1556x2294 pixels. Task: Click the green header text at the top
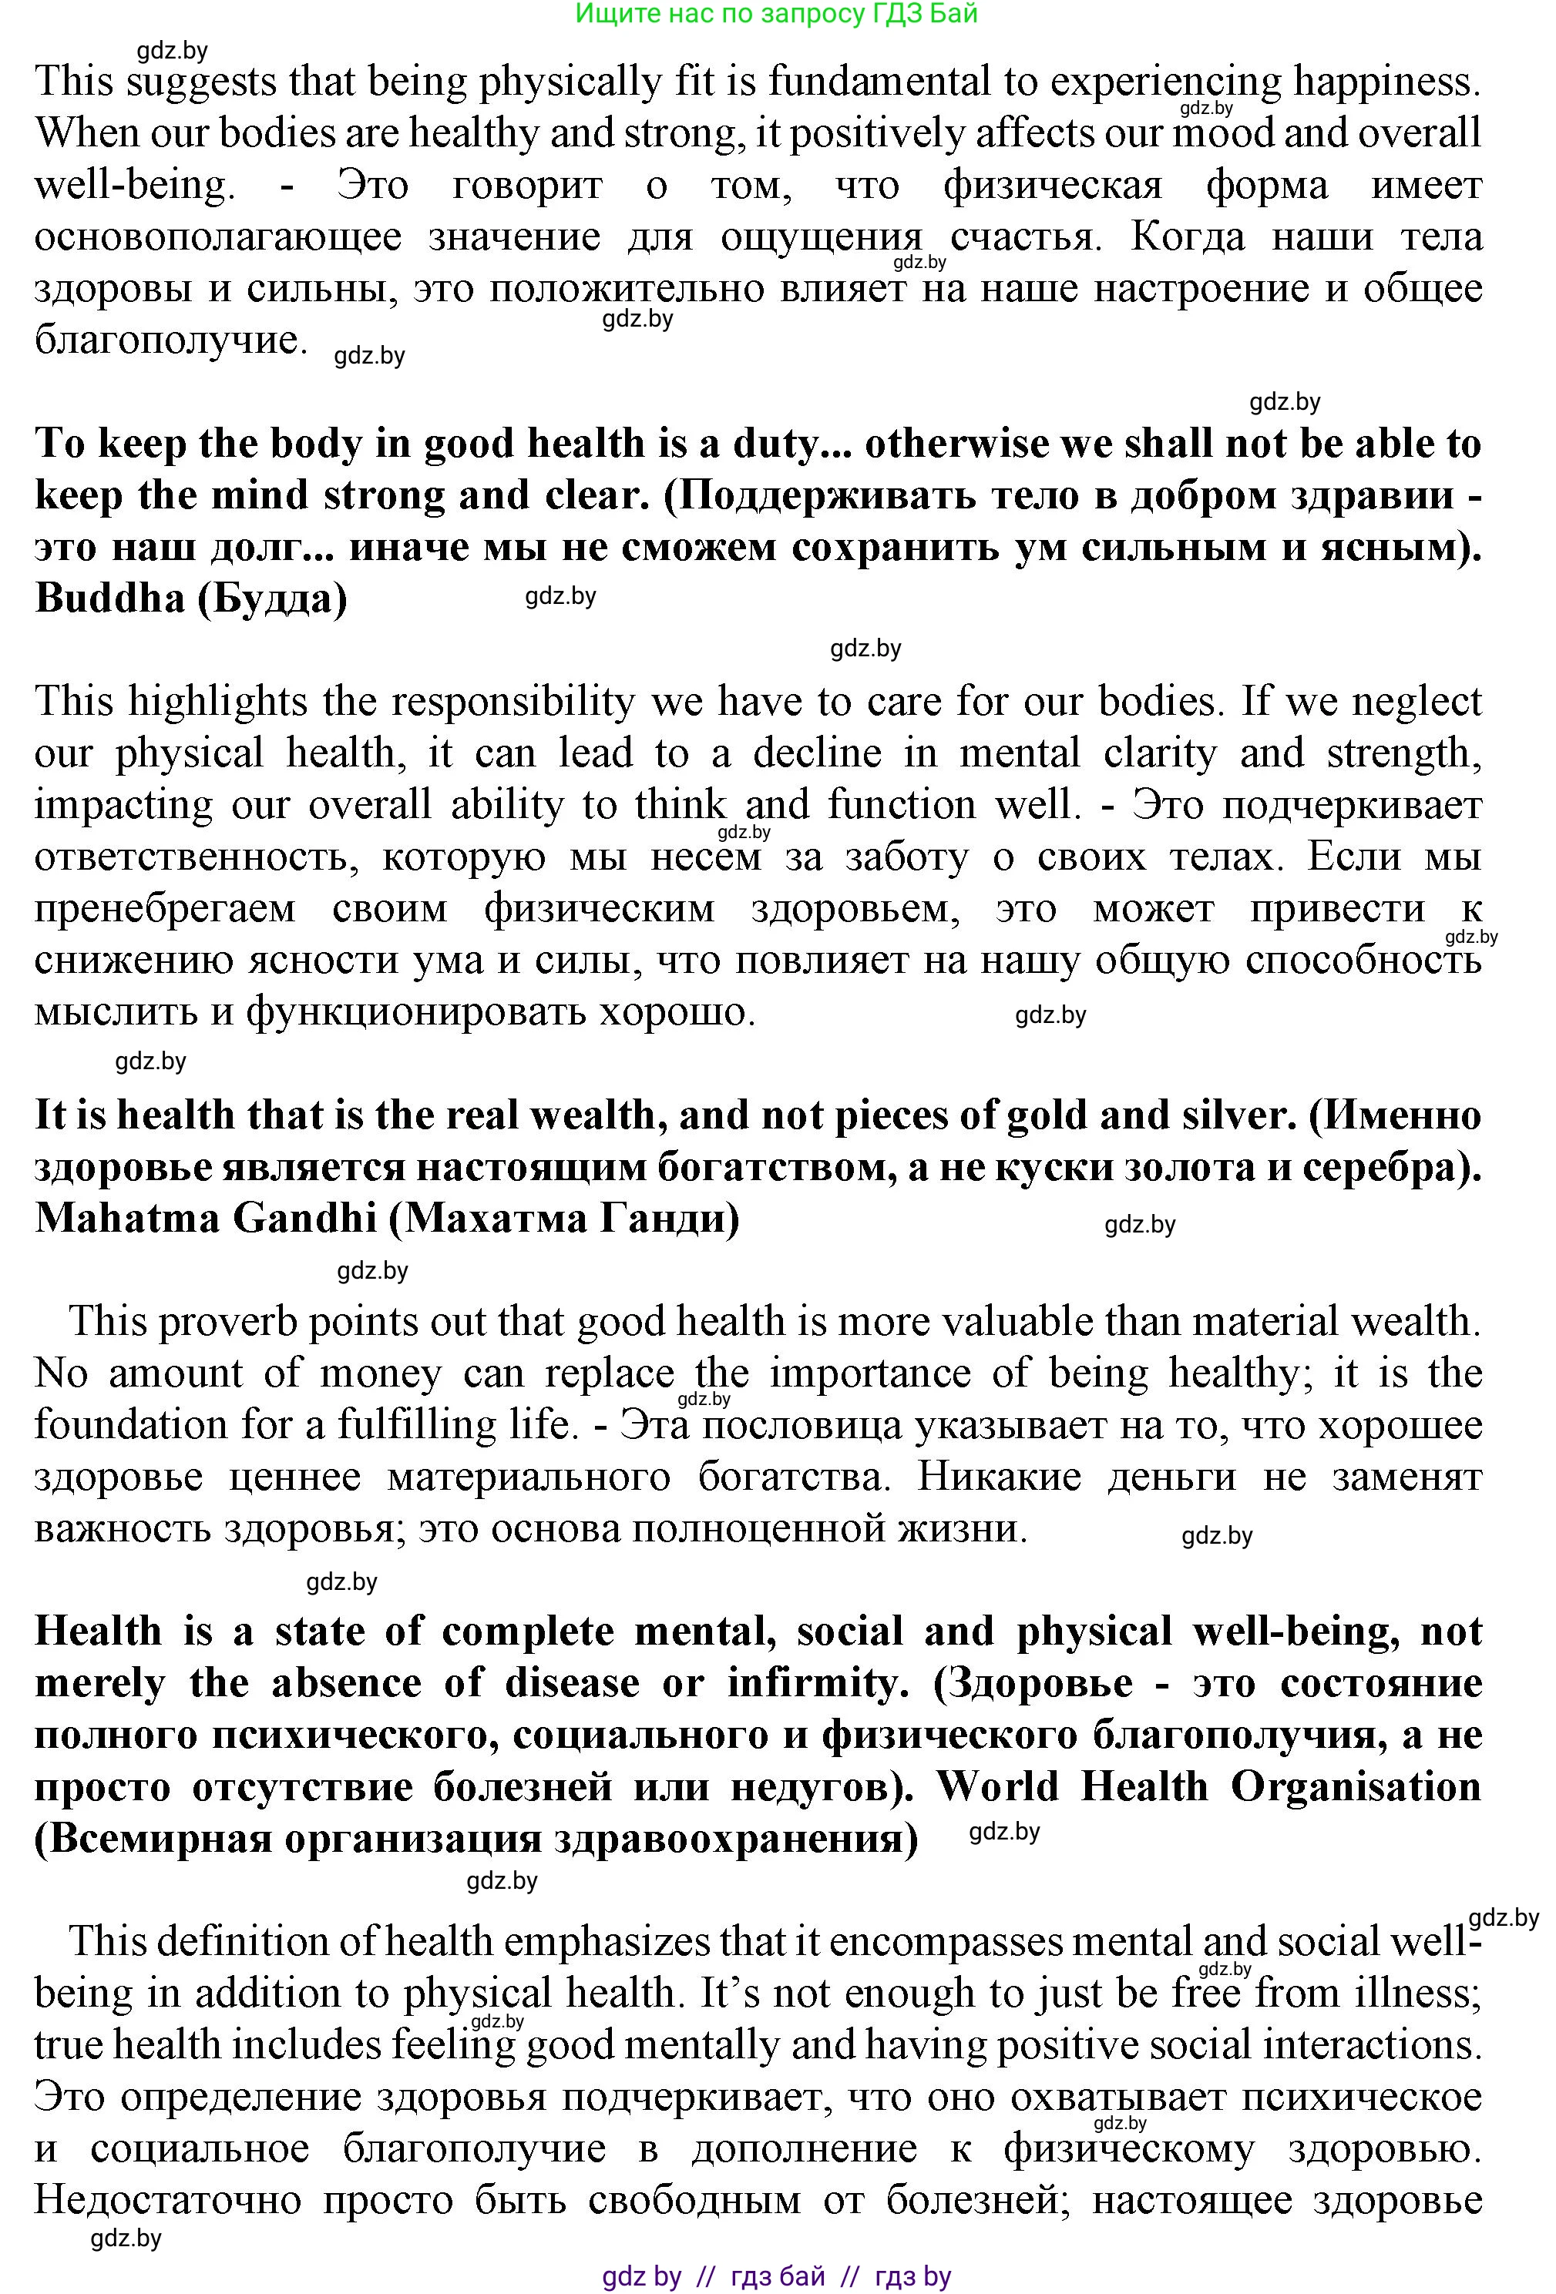[776, 14]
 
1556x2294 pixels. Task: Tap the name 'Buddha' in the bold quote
[109, 599]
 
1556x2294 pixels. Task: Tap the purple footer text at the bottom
[776, 2276]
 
